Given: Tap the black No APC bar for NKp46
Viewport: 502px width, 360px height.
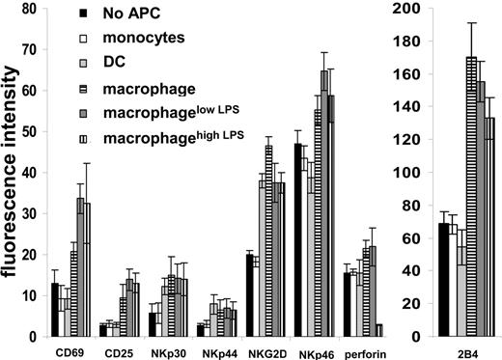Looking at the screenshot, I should pos(298,241).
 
